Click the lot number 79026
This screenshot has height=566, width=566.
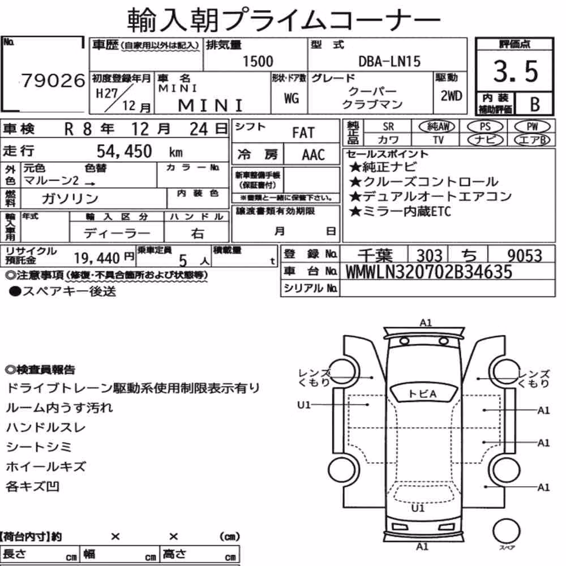pos(53,80)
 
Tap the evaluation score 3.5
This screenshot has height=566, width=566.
pos(516,71)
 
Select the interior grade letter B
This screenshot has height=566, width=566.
pos(535,104)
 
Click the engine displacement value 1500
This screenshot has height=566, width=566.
pos(258,61)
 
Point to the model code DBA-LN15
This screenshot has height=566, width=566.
pos(389,61)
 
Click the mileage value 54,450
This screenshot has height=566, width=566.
pos(124,151)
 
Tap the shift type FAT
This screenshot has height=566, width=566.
pos(303,132)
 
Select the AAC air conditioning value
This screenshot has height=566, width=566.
pos(314,155)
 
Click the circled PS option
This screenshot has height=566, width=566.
pos(485,126)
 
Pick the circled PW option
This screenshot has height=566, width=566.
pos(532,126)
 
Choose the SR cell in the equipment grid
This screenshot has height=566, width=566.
pos(388,126)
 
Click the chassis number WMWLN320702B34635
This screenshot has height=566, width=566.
pos(429,272)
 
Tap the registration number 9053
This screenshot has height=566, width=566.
pos(525,256)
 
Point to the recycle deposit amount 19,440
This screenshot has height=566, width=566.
pos(97,258)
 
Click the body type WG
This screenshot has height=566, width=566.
pos(291,98)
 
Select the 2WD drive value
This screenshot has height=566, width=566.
pos(451,96)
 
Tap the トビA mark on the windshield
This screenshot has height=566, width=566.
pos(422,394)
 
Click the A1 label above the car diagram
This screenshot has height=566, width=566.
pos(426,323)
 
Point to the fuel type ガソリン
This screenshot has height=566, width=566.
pos(70,198)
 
